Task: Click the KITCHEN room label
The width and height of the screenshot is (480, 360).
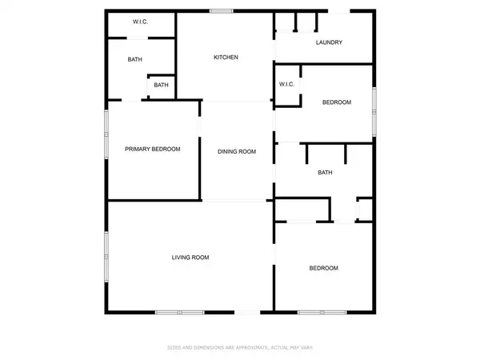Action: (226, 57)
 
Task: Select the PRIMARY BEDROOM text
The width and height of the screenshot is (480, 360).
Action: (152, 149)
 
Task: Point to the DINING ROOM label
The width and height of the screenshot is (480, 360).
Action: (237, 151)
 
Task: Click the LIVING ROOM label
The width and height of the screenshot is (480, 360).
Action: (190, 257)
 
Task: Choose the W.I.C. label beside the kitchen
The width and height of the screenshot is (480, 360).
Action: (287, 85)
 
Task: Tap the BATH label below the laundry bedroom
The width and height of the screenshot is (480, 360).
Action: (325, 172)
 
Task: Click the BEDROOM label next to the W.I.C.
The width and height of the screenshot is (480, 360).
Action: (337, 102)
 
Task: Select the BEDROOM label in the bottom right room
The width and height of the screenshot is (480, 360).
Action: (324, 268)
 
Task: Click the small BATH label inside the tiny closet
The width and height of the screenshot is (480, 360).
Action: (162, 86)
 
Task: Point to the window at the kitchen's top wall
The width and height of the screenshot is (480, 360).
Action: (222, 10)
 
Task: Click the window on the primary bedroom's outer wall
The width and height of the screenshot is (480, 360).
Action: (106, 136)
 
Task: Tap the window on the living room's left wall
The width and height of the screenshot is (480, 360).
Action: (106, 256)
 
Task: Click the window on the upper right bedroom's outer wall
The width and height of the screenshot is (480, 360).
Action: (374, 110)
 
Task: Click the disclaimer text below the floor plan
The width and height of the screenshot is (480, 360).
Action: (240, 347)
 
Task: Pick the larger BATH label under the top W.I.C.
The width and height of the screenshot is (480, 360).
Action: (135, 59)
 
